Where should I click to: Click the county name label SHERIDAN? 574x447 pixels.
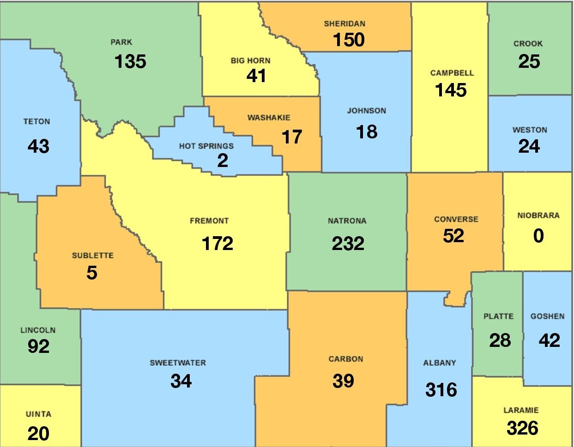pyautogui.click(x=344, y=24)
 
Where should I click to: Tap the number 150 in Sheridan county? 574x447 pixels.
pyautogui.click(x=349, y=40)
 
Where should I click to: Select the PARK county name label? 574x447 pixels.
pyautogui.click(x=121, y=42)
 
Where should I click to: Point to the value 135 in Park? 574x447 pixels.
pyautogui.click(x=130, y=61)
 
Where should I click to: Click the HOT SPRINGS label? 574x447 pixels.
pyautogui.click(x=206, y=146)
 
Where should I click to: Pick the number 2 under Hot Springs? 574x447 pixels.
pyautogui.click(x=223, y=161)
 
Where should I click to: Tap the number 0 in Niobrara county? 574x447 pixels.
pyautogui.click(x=538, y=236)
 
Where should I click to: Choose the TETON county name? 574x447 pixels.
pyautogui.click(x=37, y=122)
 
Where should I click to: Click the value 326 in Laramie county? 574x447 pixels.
pyautogui.click(x=522, y=428)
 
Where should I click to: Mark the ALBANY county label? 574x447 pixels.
pyautogui.click(x=440, y=363)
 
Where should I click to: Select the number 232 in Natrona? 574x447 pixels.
pyautogui.click(x=348, y=244)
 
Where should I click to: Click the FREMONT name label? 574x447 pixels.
pyautogui.click(x=209, y=221)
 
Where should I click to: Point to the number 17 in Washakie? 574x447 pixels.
pyautogui.click(x=292, y=137)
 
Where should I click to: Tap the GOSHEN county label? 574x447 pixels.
pyautogui.click(x=547, y=316)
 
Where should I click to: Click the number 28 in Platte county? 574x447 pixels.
pyautogui.click(x=500, y=340)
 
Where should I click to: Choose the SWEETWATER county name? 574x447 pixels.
pyautogui.click(x=178, y=363)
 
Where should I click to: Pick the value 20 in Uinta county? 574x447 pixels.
pyautogui.click(x=38, y=434)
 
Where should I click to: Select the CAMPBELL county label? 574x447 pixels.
pyautogui.click(x=452, y=73)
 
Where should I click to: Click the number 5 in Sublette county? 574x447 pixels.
pyautogui.click(x=92, y=273)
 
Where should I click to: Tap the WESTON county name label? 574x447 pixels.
pyautogui.click(x=530, y=130)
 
